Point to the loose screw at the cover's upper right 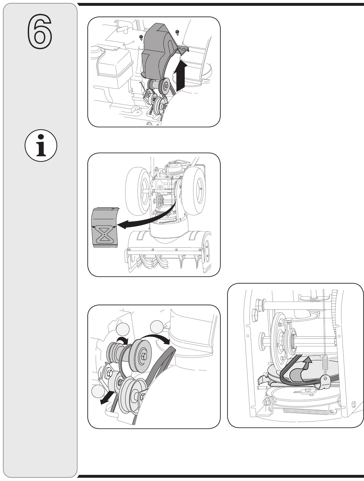coord(177,32)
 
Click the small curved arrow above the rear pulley coord(122,339)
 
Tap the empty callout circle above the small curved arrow coord(123,329)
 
